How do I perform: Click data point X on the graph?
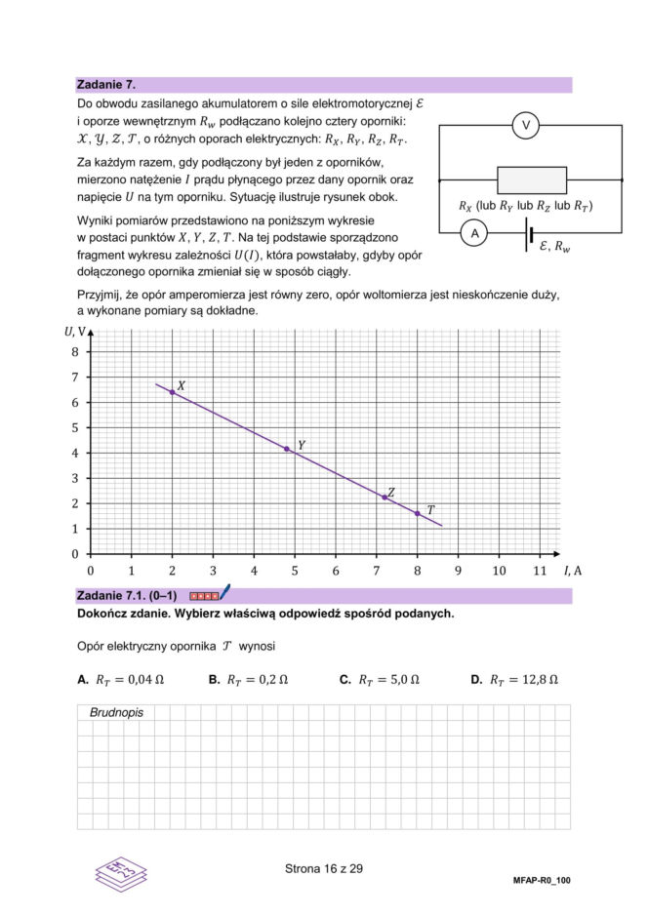pos(173,392)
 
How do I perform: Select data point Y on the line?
pos(287,449)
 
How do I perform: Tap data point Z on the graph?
pos(385,498)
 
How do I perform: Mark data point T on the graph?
pos(418,513)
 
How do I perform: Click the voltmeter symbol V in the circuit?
pos(526,126)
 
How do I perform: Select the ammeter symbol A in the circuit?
pos(474,234)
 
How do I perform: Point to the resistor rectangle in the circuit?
pos(532,180)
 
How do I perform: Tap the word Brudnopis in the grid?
pos(116,713)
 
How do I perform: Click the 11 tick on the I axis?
pos(540,571)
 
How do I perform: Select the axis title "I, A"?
pos(573,571)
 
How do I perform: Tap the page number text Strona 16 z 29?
pos(324,868)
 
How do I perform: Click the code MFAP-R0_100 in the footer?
pos(541,880)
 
